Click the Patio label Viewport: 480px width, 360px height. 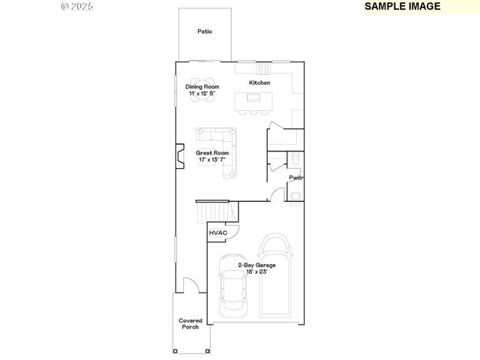pyautogui.click(x=205, y=31)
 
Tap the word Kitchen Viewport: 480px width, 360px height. pyautogui.click(x=259, y=82)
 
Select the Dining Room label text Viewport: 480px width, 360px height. pyautogui.click(x=200, y=87)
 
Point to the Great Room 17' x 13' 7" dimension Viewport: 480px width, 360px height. pyautogui.click(x=214, y=160)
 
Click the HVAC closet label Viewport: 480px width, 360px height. pyautogui.click(x=217, y=233)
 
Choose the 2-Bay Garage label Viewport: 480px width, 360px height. pyautogui.click(x=256, y=265)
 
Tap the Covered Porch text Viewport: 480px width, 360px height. pyautogui.click(x=190, y=324)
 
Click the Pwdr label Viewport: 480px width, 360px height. pyautogui.click(x=296, y=178)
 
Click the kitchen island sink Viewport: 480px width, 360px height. pyautogui.click(x=253, y=97)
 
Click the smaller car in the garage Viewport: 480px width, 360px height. pyautogui.click(x=231, y=287)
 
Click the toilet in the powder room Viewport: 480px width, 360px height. pyautogui.click(x=295, y=160)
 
